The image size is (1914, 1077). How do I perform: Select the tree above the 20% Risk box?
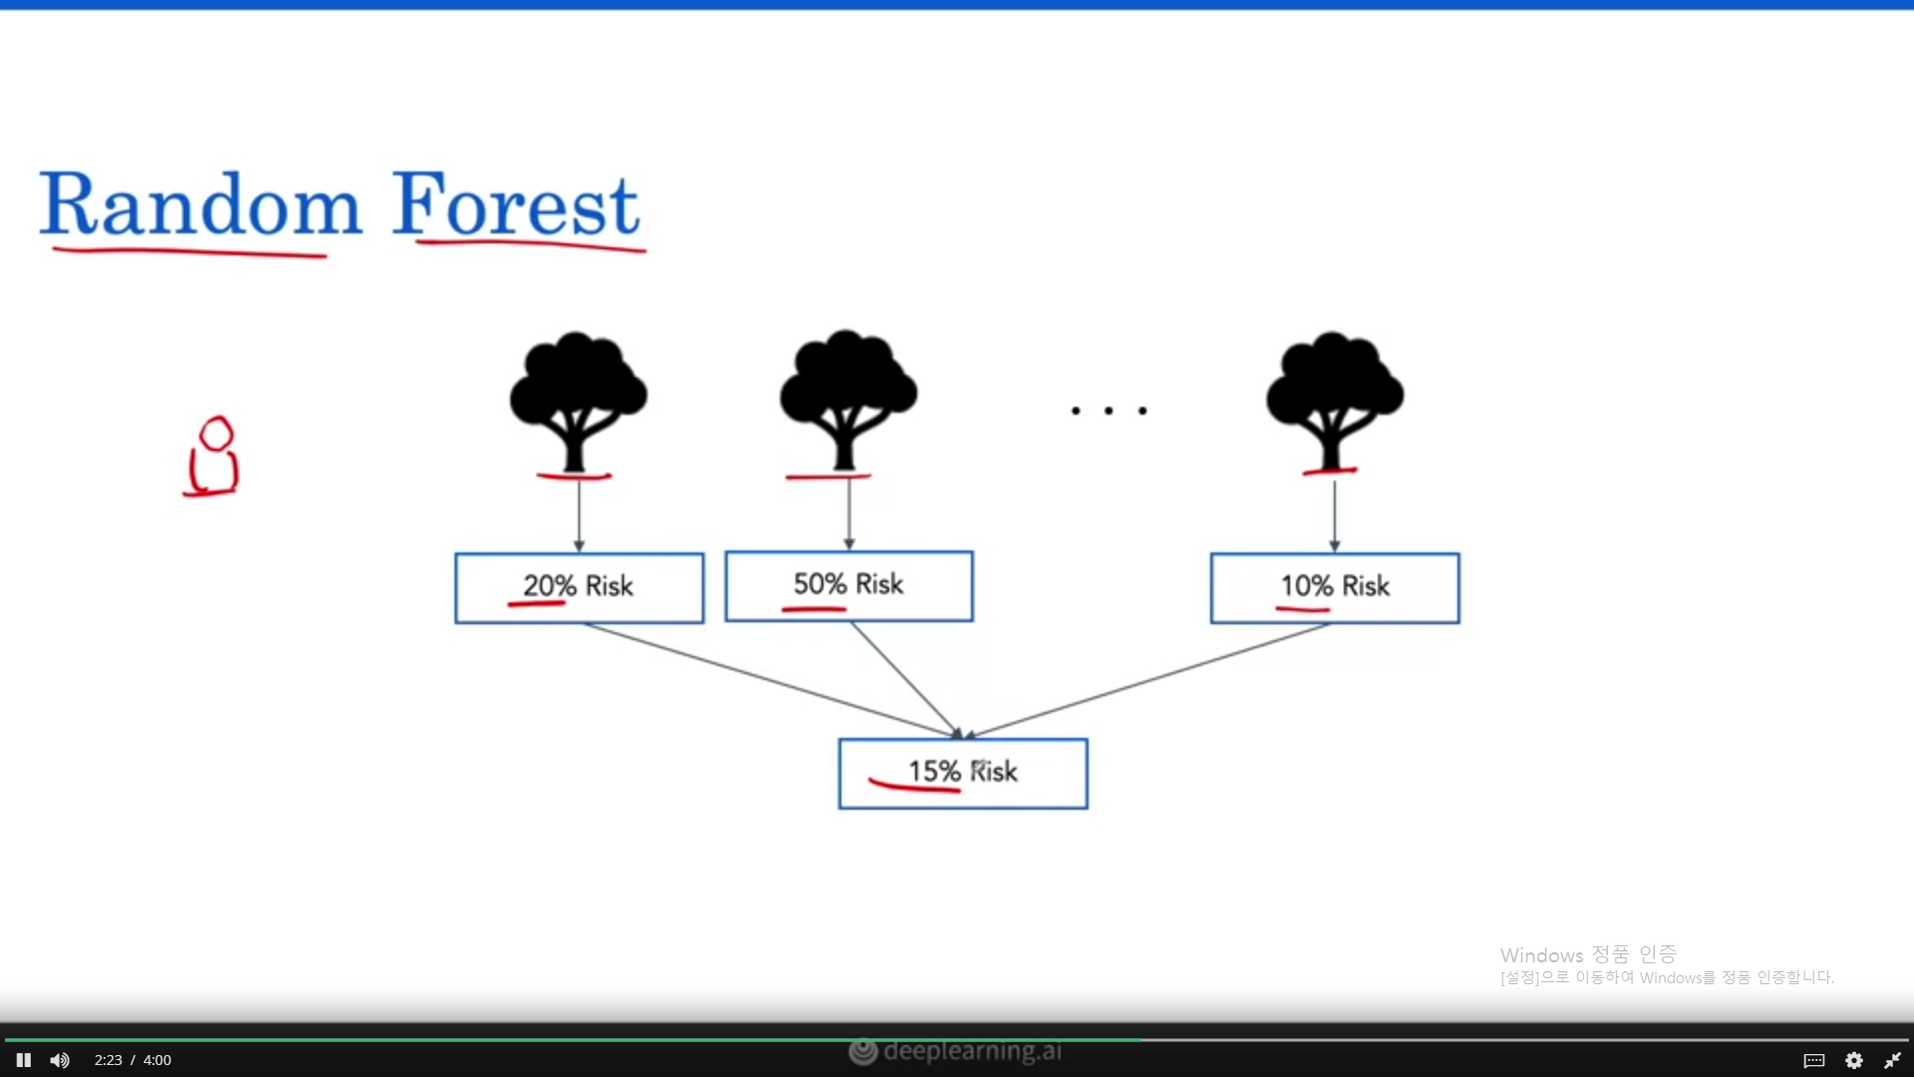point(578,399)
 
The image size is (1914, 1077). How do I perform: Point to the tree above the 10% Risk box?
point(1334,399)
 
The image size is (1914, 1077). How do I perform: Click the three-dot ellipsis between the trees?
point(1109,411)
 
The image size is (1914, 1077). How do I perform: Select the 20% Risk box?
point(579,587)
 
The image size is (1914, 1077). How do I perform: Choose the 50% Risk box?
point(848,585)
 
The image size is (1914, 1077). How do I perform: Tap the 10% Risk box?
point(1335,587)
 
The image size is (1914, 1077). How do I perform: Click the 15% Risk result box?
point(963,773)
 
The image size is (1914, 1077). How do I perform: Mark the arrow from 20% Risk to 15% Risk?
point(768,680)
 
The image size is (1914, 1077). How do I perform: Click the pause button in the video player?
point(24,1060)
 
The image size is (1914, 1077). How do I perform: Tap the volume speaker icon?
point(60,1060)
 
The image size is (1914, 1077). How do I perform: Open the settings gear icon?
point(1854,1060)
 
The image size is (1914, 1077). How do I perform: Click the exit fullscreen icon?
point(1892,1060)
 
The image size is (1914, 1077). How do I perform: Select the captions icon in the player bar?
point(1814,1060)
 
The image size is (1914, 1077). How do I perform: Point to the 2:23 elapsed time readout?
point(108,1060)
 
